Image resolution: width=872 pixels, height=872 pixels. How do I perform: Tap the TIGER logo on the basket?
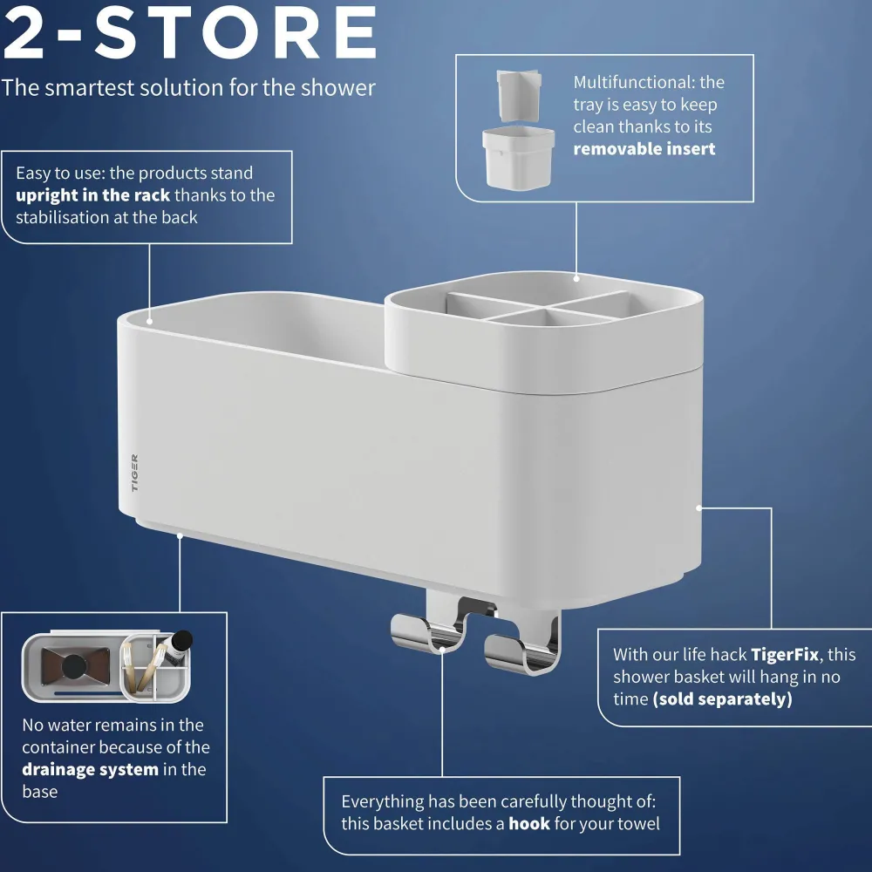[134, 473]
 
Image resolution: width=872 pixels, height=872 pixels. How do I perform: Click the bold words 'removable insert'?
[644, 149]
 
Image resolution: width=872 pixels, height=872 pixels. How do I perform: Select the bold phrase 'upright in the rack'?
[93, 195]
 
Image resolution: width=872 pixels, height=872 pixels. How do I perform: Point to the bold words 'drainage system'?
[90, 770]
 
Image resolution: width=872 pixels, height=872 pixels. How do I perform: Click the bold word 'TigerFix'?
[785, 655]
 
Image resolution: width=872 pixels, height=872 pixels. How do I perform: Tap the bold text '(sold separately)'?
[722, 699]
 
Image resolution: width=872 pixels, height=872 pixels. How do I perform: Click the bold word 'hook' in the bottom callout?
[529, 824]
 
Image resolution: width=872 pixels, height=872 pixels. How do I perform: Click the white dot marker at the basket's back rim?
[150, 322]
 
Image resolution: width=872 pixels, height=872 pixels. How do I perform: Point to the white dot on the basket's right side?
[699, 508]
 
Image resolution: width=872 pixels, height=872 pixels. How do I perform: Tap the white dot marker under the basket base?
[180, 535]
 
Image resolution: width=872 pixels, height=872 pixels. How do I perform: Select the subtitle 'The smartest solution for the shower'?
[188, 88]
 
